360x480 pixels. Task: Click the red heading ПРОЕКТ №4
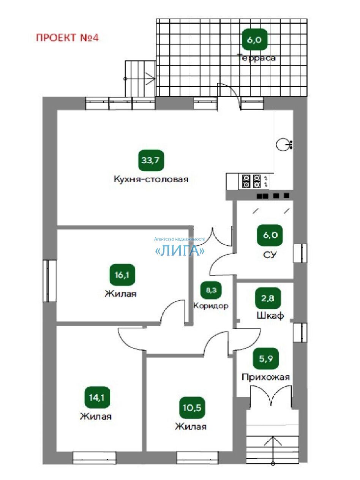[67, 38]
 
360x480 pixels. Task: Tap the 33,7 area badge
[151, 160]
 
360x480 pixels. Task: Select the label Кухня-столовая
[151, 179]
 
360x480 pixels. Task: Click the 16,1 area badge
[122, 275]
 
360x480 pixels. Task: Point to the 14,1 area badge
[97, 397]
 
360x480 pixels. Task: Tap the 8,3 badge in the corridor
[211, 290]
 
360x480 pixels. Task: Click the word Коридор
[211, 306]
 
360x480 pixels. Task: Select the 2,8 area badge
[268, 298]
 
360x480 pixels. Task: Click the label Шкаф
[270, 315]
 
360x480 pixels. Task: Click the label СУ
[270, 254]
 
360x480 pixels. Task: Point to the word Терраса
[256, 58]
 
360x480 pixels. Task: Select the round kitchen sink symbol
[284, 144]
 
